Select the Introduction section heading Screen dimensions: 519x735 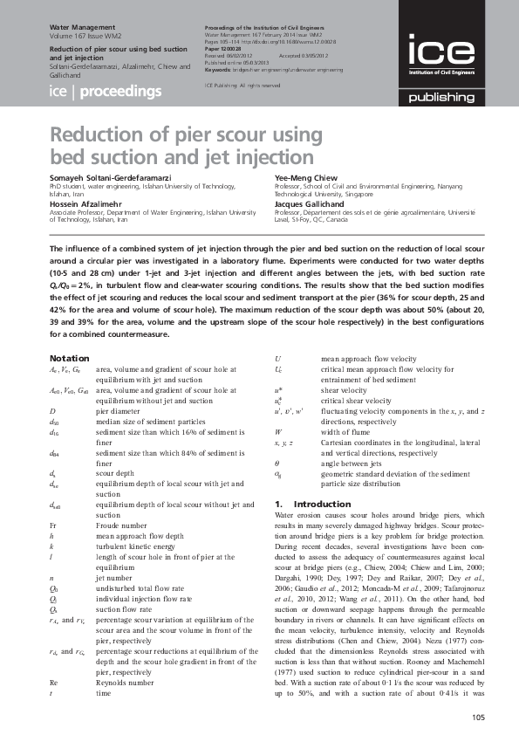click(x=301, y=505)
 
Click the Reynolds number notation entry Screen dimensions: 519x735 click(x=122, y=655)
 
